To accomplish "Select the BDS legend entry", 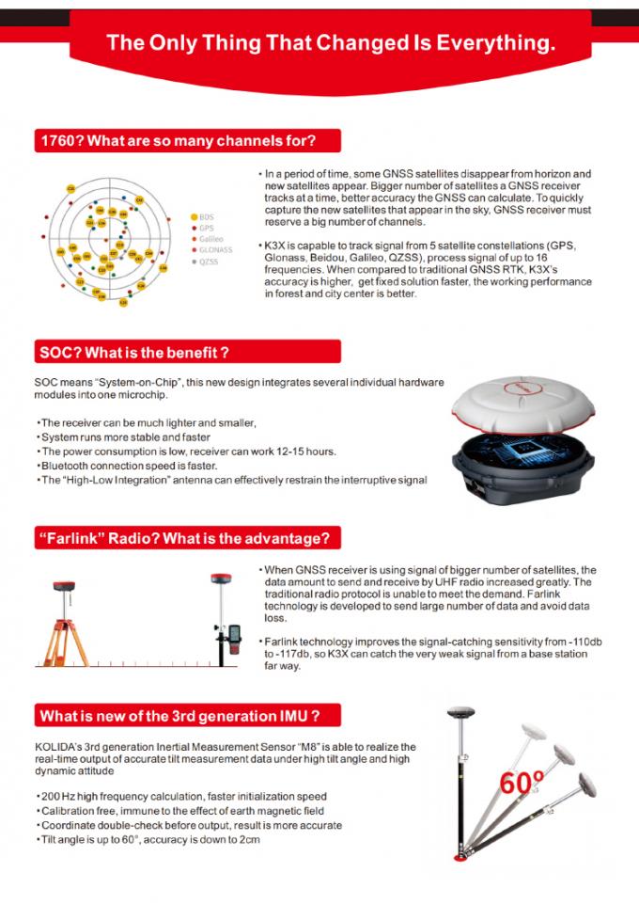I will click(206, 216).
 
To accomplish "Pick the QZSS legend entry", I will click(207, 262).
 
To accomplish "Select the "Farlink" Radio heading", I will click(184, 538).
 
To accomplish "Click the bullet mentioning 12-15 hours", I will click(188, 452).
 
